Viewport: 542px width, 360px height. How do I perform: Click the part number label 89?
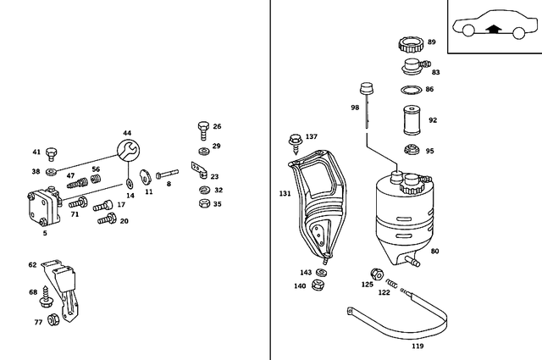click(431, 42)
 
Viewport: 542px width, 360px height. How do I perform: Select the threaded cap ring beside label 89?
click(410, 44)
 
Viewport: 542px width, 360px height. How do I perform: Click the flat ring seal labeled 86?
click(410, 90)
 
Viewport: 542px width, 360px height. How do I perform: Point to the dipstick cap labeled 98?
click(367, 88)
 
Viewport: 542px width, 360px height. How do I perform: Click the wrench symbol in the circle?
click(127, 151)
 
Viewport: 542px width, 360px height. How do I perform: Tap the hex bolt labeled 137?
click(296, 139)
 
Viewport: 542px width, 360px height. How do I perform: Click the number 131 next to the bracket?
click(285, 194)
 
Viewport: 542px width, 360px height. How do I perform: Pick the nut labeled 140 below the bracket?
click(318, 285)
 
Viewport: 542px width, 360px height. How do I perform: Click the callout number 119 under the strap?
click(418, 346)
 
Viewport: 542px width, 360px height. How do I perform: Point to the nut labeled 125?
click(375, 274)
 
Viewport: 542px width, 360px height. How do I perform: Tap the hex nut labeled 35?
click(202, 203)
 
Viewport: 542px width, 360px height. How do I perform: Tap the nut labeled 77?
click(53, 319)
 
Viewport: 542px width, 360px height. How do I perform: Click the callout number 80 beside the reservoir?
click(434, 252)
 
